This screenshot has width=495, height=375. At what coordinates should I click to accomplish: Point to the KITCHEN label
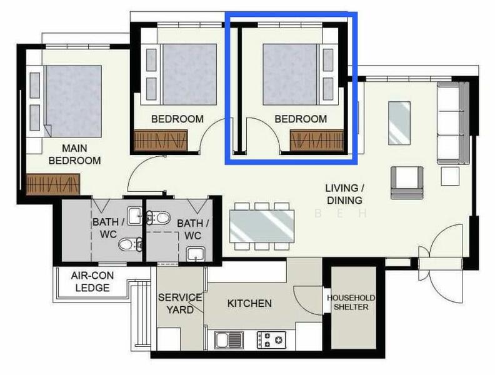249,304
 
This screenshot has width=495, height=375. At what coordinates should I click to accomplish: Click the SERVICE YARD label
179,303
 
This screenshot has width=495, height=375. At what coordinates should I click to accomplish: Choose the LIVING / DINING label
343,194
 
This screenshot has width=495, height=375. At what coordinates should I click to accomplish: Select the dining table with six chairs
262,226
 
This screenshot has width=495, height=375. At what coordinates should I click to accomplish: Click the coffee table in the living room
399,122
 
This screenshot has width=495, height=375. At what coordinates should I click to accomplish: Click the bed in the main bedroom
69,100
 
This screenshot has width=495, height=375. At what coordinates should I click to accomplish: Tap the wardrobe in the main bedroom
54,184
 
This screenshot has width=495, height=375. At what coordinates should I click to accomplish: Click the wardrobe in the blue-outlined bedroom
317,139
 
